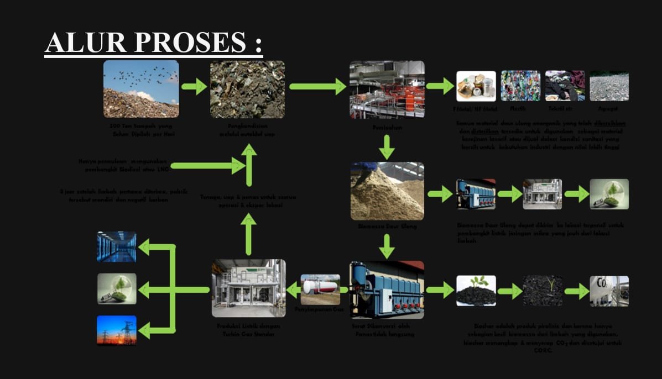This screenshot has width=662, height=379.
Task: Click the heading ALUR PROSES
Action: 153,43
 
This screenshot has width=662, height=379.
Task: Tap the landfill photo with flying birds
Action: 141,89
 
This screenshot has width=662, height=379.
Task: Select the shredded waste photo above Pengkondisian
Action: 247,89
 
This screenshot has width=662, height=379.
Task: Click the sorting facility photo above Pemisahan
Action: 387,89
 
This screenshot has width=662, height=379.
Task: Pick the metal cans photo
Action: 476,86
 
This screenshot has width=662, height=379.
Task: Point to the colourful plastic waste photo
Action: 520,86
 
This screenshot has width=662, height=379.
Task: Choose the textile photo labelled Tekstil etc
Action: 565,86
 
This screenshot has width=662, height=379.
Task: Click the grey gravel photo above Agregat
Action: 609,86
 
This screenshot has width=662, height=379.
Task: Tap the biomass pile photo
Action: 387,191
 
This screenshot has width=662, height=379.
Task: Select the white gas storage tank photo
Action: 320,288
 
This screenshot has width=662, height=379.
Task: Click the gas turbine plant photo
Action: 249,288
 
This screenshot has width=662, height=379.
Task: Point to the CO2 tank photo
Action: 609,291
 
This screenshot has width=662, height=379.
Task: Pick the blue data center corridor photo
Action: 117,246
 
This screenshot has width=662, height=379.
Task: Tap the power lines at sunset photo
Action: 117,330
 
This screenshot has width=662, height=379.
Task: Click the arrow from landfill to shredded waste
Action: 194,87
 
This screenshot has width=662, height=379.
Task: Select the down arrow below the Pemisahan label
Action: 387,148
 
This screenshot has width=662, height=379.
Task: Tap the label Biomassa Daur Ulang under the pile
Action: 387,226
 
